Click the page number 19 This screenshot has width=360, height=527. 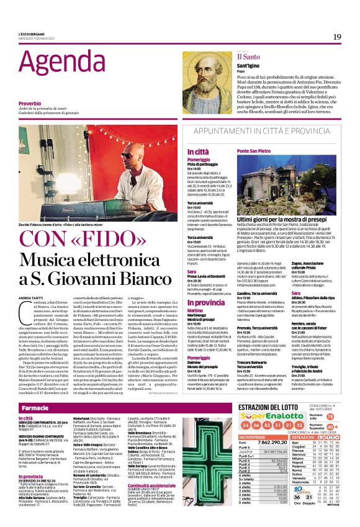336,37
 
